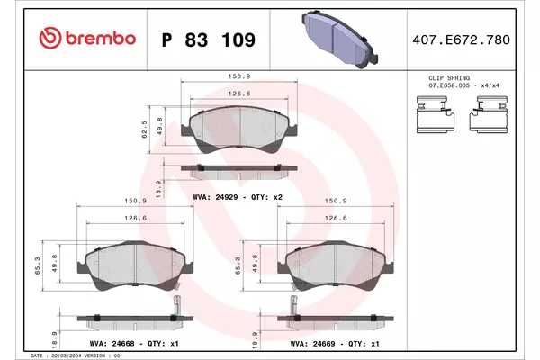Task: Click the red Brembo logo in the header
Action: point(87,38)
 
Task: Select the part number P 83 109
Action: point(209,40)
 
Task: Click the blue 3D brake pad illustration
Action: point(339,39)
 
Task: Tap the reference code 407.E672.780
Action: point(461,40)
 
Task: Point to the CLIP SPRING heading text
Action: point(449,78)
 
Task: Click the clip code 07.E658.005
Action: point(449,85)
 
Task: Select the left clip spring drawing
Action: point(436,114)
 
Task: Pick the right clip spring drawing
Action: point(489,114)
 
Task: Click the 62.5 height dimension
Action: point(144,130)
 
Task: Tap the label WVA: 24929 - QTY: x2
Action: point(238,197)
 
